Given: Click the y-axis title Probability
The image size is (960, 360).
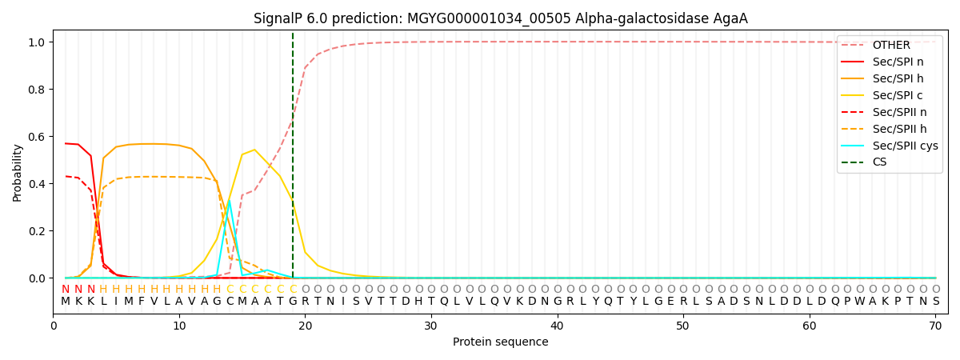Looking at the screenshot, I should point(18,172).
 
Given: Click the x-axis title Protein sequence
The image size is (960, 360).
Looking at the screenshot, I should point(501,342).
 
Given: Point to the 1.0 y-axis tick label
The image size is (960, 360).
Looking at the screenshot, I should point(37,42).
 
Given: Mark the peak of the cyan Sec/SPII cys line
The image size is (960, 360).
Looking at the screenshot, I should point(230,201).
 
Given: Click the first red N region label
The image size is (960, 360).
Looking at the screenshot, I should point(66,290).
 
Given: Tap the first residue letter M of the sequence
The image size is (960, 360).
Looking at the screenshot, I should point(66,302).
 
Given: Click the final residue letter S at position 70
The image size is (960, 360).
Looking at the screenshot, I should point(936,302).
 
